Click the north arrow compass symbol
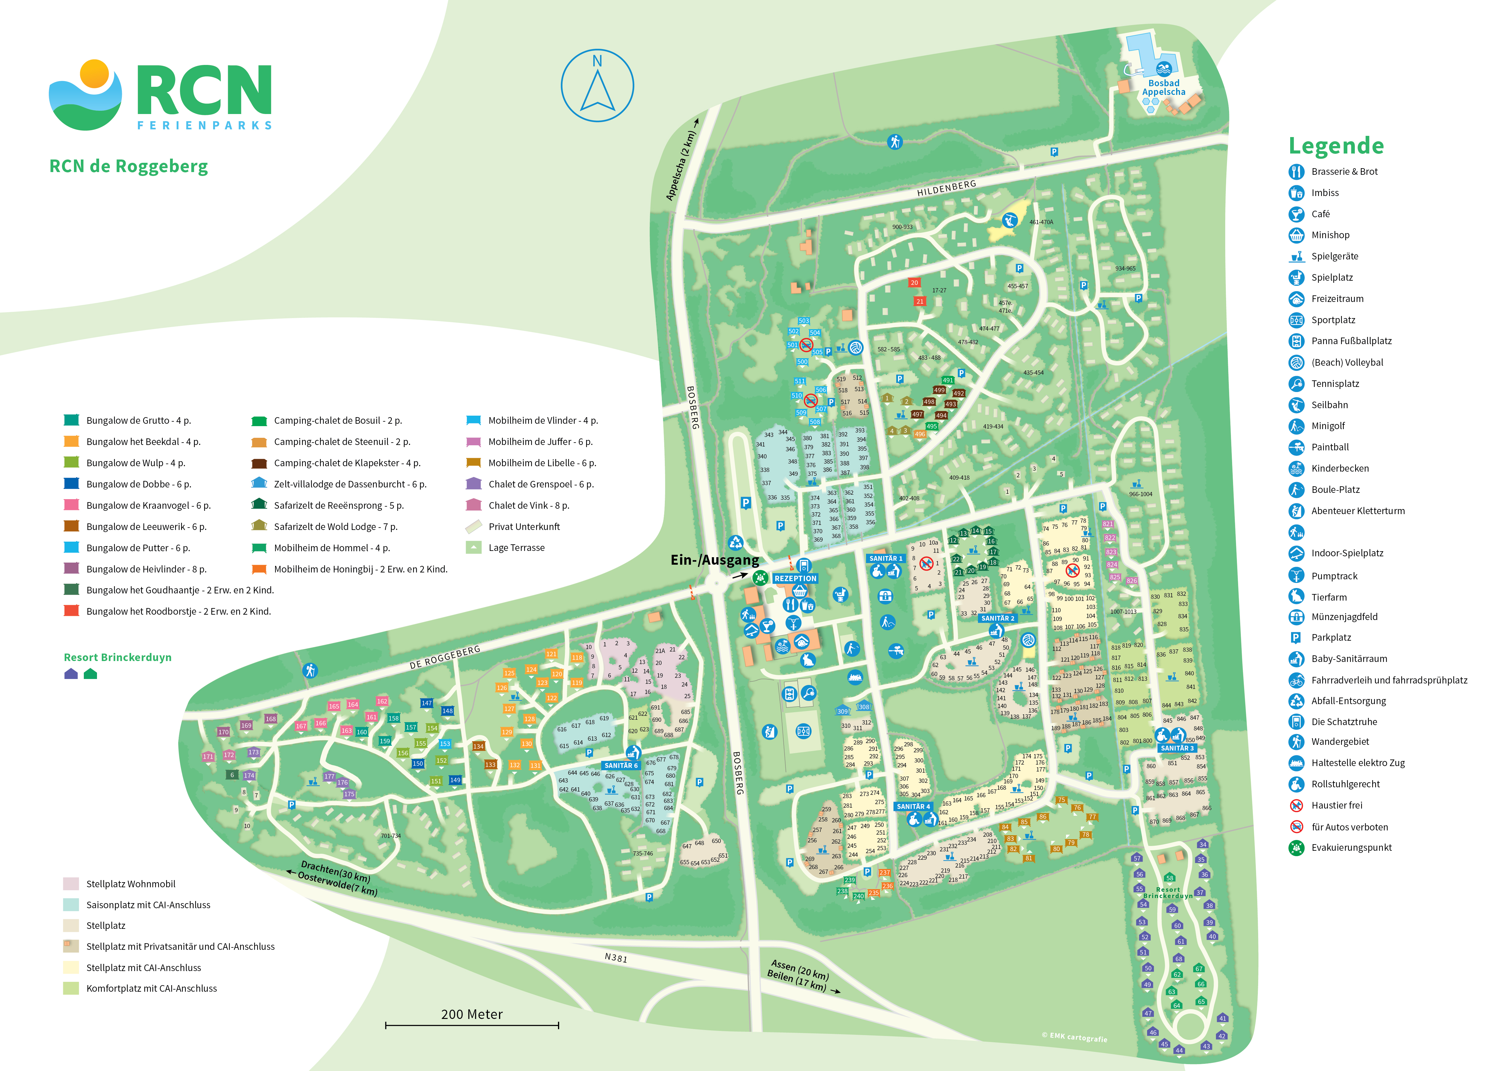pyautogui.click(x=597, y=86)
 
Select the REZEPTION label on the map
pyautogui.click(x=795, y=578)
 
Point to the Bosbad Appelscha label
pyautogui.click(x=1164, y=88)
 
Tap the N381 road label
pyautogui.click(x=615, y=958)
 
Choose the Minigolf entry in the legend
pyautogui.click(x=1328, y=426)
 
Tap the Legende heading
pyautogui.click(x=1336, y=146)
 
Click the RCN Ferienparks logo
pyautogui.click(x=160, y=96)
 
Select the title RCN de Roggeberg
pyautogui.click(x=129, y=166)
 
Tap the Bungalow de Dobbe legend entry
pyautogui.click(x=139, y=484)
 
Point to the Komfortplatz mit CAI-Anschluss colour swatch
pyautogui.click(x=71, y=988)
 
